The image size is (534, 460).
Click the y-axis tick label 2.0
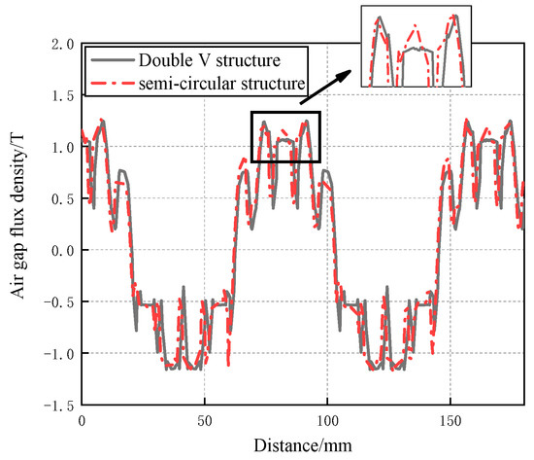62,44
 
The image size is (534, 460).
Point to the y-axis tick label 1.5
62,95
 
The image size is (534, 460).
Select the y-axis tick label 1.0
62,147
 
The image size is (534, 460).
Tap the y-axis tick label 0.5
62,198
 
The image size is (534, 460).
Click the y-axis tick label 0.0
62,250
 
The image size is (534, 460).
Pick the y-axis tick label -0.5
58,301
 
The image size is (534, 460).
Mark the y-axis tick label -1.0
58,353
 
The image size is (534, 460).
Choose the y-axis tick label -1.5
58,405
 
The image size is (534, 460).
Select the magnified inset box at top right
416,47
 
